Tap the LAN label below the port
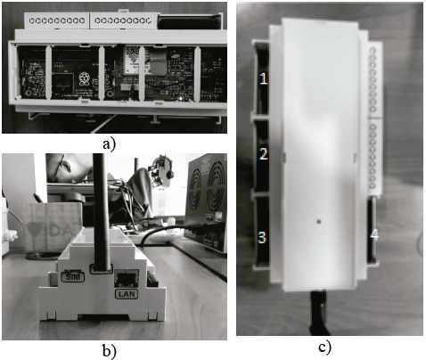click(x=124, y=292)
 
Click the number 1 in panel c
click(x=263, y=79)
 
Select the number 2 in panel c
click(x=263, y=154)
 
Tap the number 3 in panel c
click(x=262, y=237)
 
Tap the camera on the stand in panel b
click(x=161, y=167)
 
